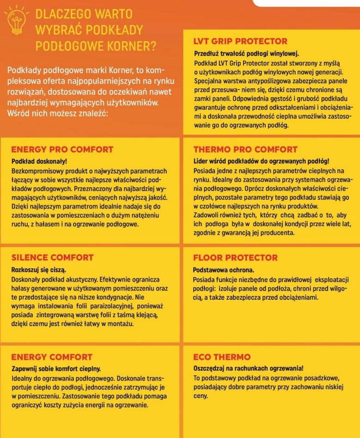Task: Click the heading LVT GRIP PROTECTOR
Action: (240, 42)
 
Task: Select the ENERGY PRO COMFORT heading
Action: (62, 150)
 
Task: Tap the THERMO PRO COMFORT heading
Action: (245, 150)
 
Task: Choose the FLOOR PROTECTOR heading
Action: (235, 258)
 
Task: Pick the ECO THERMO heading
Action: (222, 357)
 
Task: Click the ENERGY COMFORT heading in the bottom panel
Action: (52, 357)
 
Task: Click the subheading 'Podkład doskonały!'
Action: (39, 161)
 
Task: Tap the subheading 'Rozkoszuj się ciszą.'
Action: (38, 269)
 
